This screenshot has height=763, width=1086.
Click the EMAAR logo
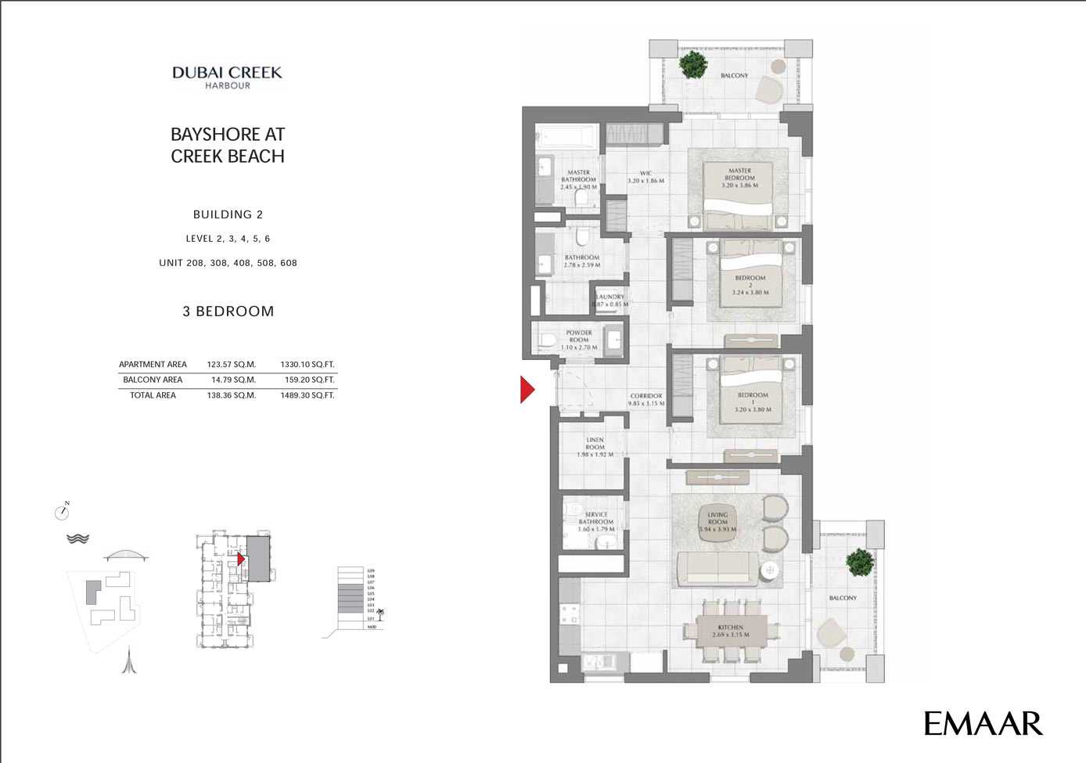coord(983,723)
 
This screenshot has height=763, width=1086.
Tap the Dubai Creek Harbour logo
coord(227,77)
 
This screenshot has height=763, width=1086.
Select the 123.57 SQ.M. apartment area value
coord(231,365)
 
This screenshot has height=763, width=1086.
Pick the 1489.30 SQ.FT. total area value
coord(307,396)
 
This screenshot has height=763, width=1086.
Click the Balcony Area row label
coord(153,380)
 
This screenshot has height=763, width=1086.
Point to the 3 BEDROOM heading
coord(228,311)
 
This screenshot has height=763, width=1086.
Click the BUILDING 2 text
coord(228,214)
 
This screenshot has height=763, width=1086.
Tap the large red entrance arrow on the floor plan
coord(527,389)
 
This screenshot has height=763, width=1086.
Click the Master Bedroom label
coord(739,178)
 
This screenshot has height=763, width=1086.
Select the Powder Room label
coord(579,340)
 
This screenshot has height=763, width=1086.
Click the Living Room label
coord(717,522)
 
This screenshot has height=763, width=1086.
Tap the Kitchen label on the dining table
coord(731,631)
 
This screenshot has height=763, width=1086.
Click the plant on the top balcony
coord(693,64)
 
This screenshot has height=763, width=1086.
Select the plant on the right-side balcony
coord(860,562)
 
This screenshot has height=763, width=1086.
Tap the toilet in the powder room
coord(548,340)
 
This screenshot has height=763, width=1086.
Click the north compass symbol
coord(63,512)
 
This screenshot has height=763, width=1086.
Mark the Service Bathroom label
coord(596,522)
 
